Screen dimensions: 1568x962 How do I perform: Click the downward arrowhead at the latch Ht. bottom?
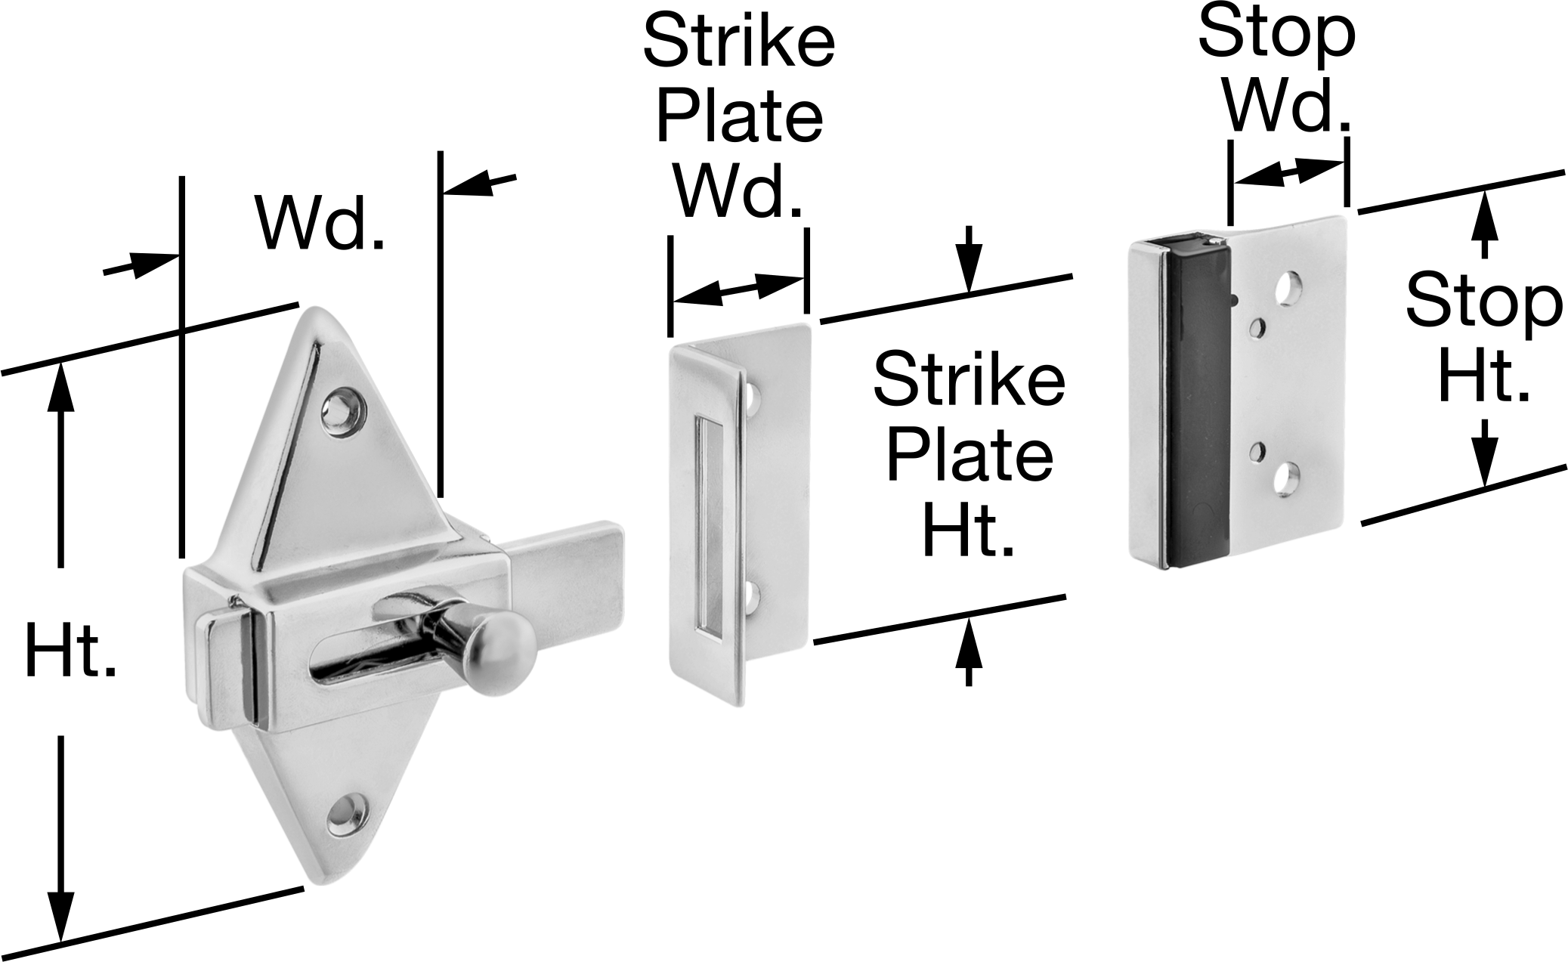[x=61, y=916]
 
